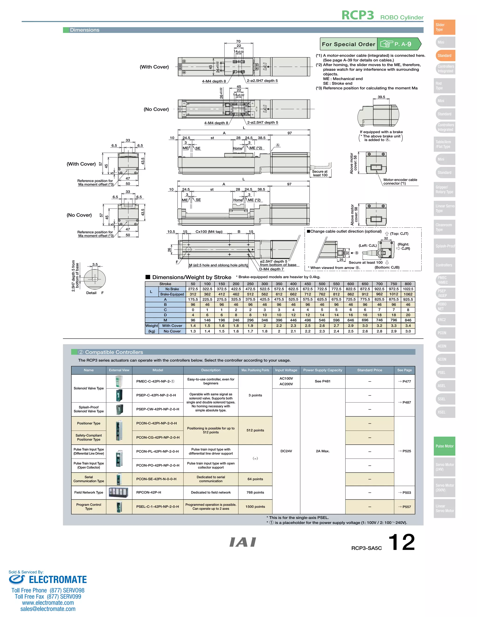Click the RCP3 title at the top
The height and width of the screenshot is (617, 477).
(x=358, y=15)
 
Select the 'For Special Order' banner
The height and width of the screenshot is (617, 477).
(x=348, y=44)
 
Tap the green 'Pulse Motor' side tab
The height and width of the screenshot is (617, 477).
(x=444, y=446)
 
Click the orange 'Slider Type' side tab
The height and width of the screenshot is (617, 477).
(x=444, y=27)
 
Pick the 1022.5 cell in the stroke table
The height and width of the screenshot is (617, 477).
(x=408, y=289)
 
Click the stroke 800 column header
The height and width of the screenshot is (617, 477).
(x=408, y=284)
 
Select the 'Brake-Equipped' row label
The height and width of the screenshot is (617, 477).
(x=172, y=294)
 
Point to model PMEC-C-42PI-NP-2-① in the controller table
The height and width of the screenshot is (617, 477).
(x=155, y=381)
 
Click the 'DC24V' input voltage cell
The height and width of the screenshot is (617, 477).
(x=286, y=451)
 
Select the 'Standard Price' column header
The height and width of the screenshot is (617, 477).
(x=369, y=370)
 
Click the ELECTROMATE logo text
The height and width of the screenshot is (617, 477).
(x=58, y=580)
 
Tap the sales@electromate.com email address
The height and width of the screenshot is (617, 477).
(x=48, y=609)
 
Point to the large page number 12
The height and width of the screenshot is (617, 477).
(x=401, y=542)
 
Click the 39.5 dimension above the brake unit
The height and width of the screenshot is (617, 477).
(x=381, y=97)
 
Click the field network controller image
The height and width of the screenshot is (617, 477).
(x=119, y=492)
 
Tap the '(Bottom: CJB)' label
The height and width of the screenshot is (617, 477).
(x=387, y=268)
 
